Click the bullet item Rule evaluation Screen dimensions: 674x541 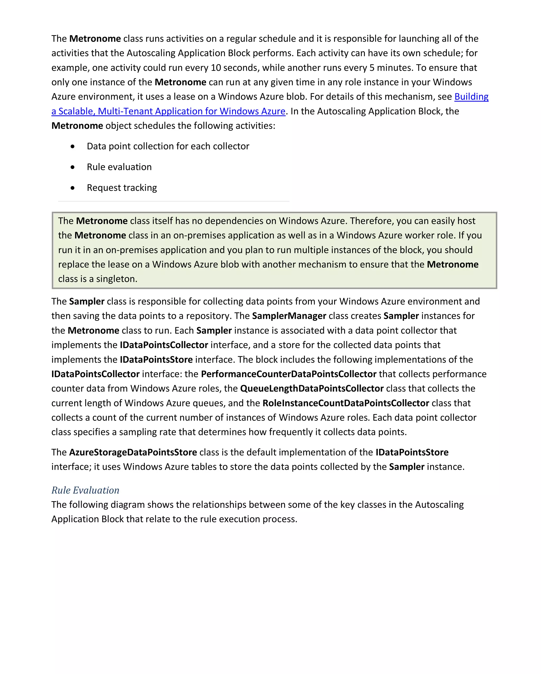click(x=119, y=167)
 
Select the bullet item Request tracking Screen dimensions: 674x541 click(x=122, y=188)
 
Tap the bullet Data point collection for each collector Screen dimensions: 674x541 click(x=168, y=146)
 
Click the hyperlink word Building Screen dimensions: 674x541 click(x=471, y=96)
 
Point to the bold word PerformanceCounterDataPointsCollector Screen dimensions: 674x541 click(x=289, y=374)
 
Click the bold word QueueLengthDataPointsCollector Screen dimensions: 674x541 click(x=312, y=389)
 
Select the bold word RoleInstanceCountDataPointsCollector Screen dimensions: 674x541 click(x=346, y=403)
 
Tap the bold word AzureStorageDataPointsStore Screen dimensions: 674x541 click(x=133, y=452)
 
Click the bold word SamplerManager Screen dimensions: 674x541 click(x=289, y=316)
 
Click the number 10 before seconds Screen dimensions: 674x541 click(x=216, y=68)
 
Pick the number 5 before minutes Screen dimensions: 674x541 click(x=372, y=68)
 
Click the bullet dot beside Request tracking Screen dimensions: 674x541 click(x=72, y=188)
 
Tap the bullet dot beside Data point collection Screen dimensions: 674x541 click(x=72, y=146)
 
